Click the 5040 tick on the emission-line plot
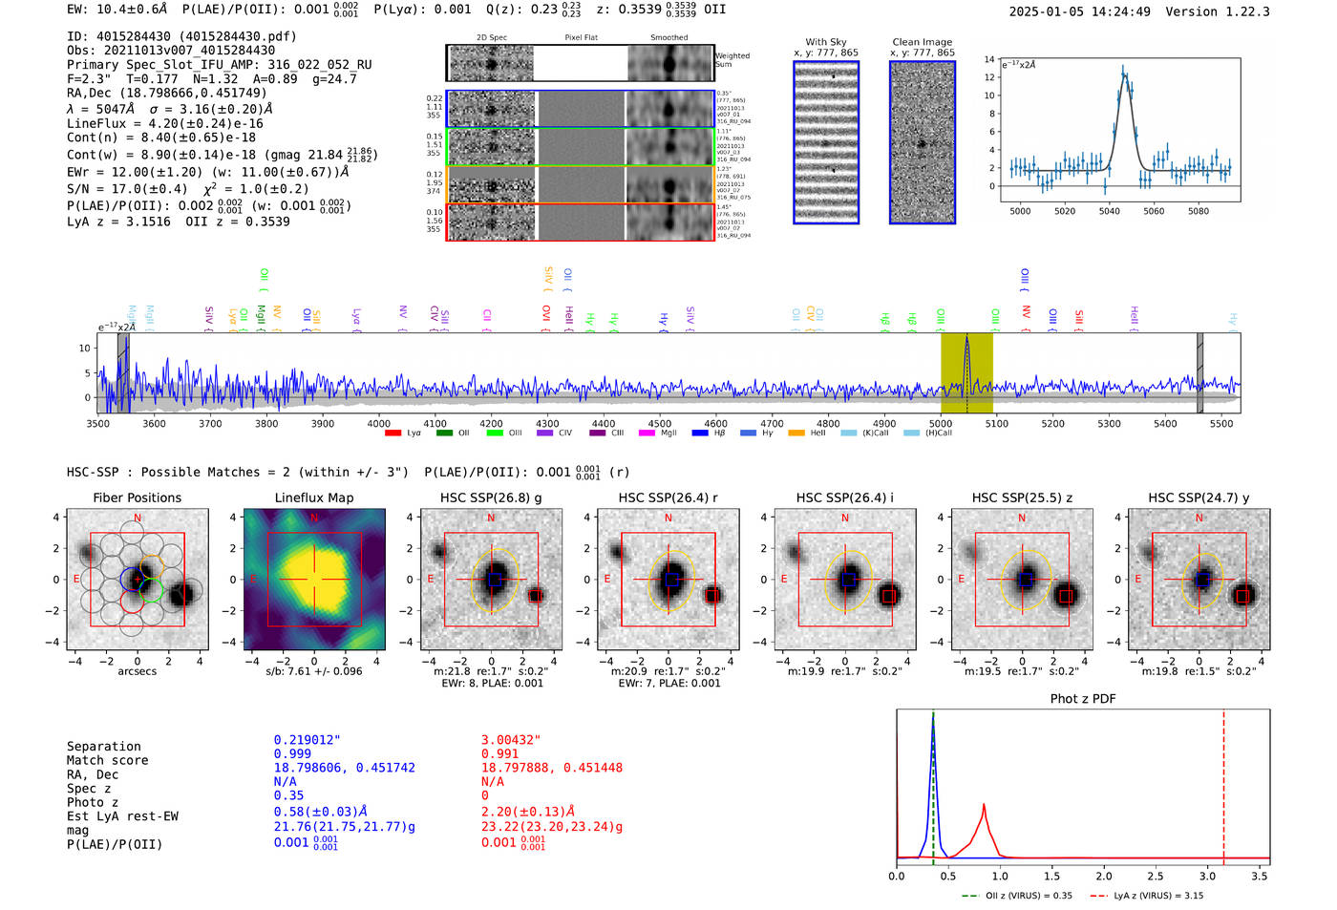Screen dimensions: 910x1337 point(1109,211)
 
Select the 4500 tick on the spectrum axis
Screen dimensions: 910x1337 point(660,423)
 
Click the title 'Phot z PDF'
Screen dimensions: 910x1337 point(1083,699)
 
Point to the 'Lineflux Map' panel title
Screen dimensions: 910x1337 point(313,497)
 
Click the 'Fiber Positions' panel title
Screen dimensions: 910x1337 point(137,497)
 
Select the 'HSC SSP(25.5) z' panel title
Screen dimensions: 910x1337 point(1021,497)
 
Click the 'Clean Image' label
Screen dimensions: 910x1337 point(922,42)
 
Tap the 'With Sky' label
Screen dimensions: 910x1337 point(825,42)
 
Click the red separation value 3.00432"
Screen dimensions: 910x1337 point(511,740)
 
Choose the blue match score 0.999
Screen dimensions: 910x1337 point(292,754)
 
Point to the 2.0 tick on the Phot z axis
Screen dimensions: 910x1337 point(1104,876)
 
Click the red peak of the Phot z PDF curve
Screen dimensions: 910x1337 point(984,807)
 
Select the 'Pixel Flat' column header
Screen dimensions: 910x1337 point(581,38)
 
